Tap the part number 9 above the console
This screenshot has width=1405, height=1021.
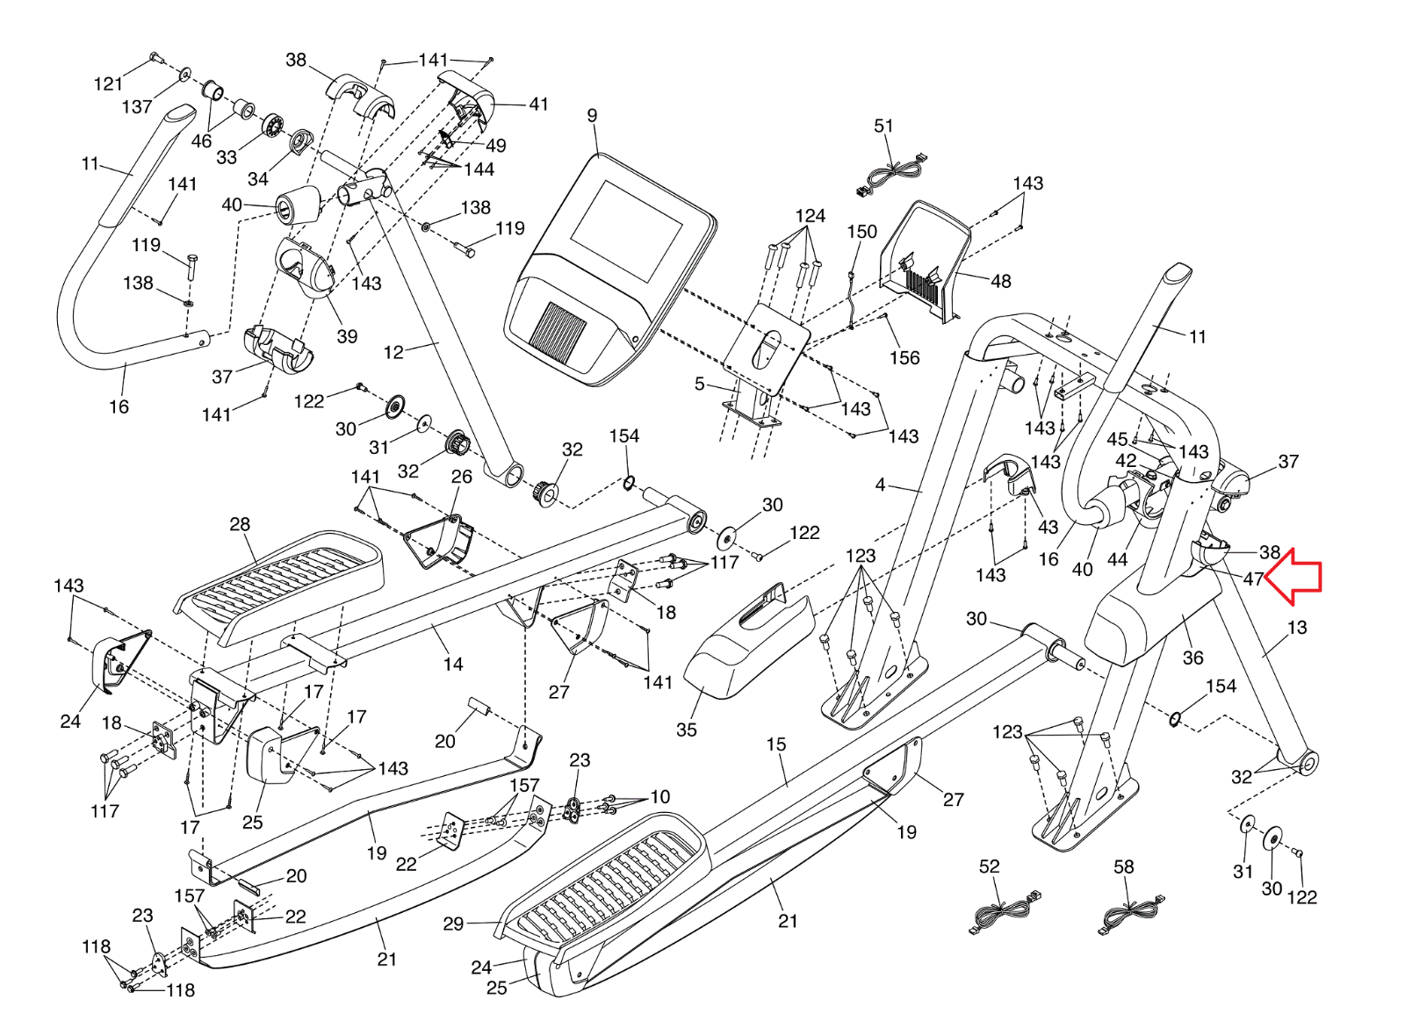593,116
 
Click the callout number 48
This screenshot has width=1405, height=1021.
1001,281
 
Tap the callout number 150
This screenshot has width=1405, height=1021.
861,232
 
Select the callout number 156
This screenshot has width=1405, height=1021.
904,357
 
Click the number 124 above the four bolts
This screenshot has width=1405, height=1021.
810,216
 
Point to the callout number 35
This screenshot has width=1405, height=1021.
687,730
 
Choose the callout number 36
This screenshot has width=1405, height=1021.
1192,658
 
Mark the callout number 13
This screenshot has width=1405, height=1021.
1297,628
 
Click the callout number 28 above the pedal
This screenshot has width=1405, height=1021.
240,524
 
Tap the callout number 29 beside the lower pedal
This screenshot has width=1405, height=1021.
453,924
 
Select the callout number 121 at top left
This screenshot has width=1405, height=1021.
108,84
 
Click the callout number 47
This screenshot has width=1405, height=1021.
1253,579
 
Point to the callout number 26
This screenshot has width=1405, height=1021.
462,477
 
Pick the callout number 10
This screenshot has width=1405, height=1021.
660,797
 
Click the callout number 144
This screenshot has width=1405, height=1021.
479,169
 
